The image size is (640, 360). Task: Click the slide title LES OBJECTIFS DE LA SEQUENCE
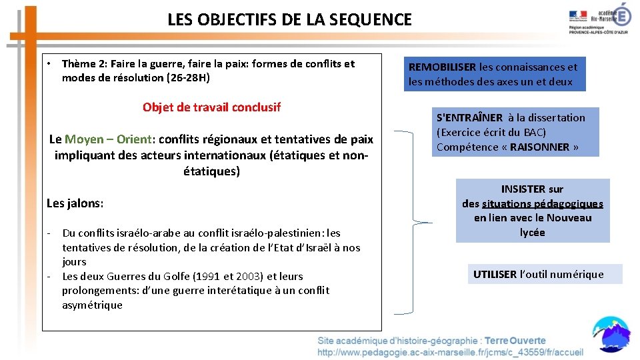[x=289, y=20]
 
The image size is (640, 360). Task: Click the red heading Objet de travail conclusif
[x=211, y=107]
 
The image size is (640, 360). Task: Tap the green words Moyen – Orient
[x=108, y=139]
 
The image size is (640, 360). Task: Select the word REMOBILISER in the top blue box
[x=442, y=67]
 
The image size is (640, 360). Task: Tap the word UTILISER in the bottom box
[x=495, y=274]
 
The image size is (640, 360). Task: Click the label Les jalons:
[x=75, y=203]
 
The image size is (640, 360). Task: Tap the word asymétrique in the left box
[x=92, y=305]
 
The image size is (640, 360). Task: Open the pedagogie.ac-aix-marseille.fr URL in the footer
[x=450, y=352]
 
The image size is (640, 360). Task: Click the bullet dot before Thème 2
[x=49, y=64]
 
